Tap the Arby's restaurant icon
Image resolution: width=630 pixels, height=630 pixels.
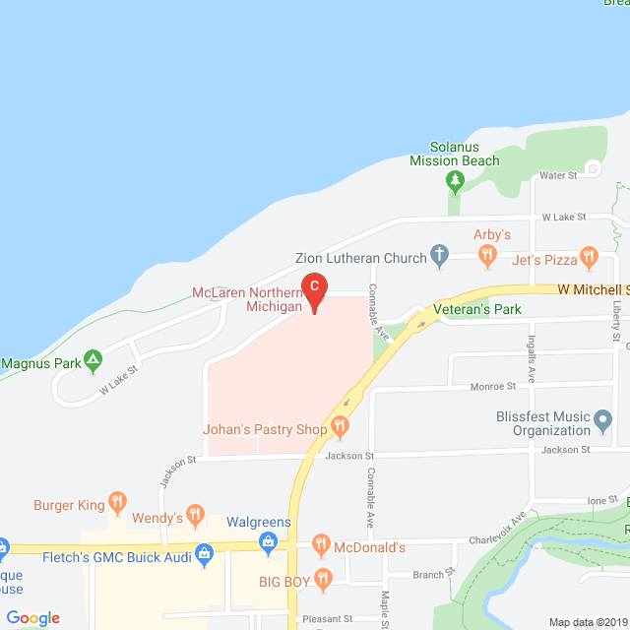(487, 257)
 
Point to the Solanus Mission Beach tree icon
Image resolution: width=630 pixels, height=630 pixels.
(454, 180)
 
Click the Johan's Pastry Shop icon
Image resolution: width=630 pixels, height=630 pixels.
(340, 428)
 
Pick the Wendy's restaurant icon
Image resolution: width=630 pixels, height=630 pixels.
(196, 515)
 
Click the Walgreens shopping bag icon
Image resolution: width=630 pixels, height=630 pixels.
(268, 541)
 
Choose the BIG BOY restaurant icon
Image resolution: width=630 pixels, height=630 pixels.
(326, 581)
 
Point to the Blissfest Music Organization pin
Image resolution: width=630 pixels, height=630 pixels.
(603, 422)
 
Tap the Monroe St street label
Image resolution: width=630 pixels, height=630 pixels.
(492, 387)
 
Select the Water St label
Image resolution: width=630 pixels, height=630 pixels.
(558, 175)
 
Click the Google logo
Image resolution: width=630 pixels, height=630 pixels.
(32, 618)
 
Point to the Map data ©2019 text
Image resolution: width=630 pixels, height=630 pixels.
(587, 622)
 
